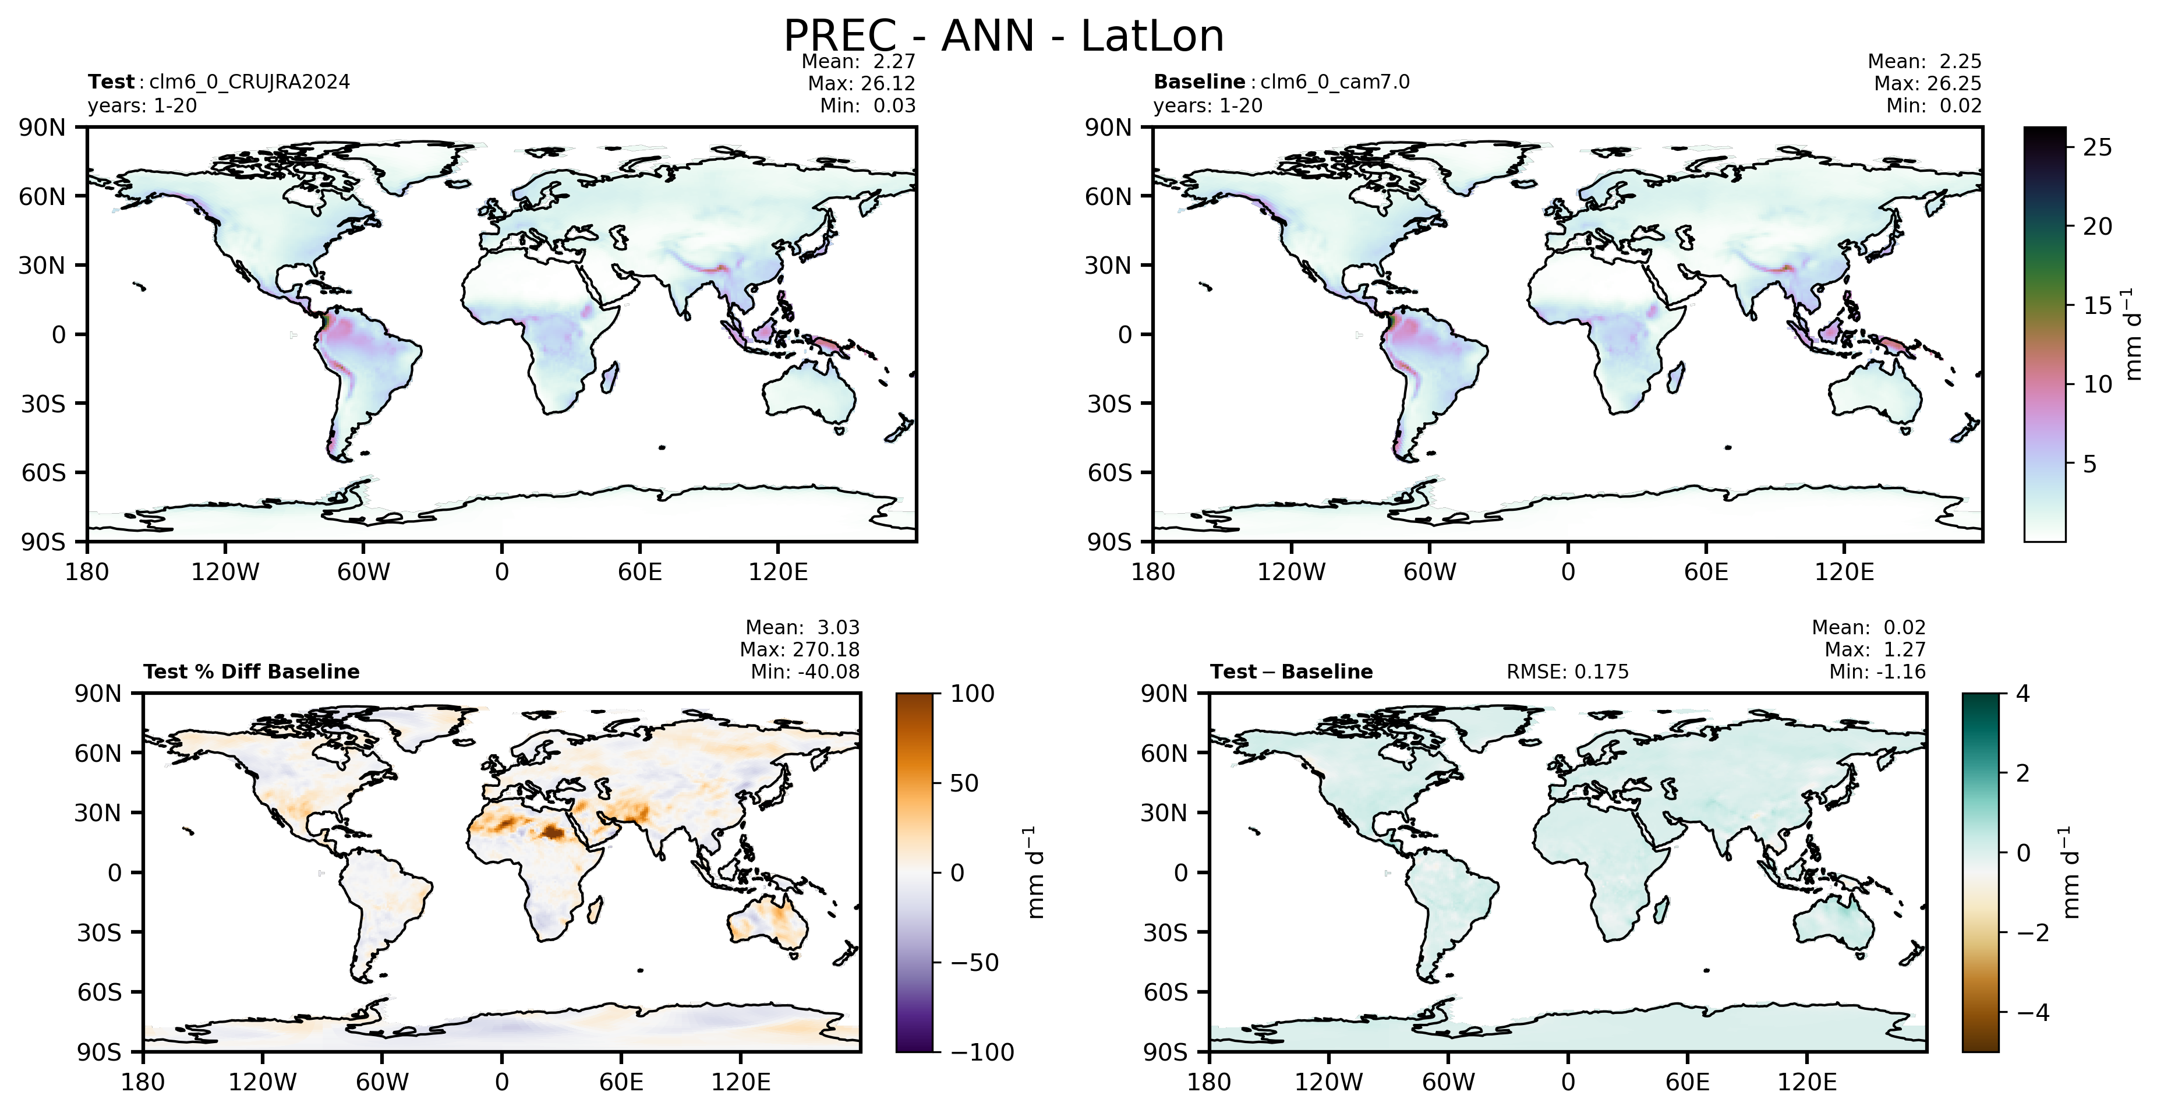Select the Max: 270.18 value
click(x=799, y=649)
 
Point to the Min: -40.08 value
click(x=805, y=672)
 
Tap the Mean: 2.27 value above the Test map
click(x=858, y=61)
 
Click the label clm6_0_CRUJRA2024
click(x=249, y=82)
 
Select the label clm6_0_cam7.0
click(x=1335, y=82)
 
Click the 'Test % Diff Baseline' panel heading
click(x=251, y=672)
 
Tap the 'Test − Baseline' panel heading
click(x=1291, y=672)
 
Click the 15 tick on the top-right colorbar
click(x=2097, y=306)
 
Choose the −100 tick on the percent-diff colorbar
click(x=982, y=1052)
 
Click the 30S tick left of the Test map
click(x=43, y=404)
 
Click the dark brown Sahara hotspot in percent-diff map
click(x=552, y=832)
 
